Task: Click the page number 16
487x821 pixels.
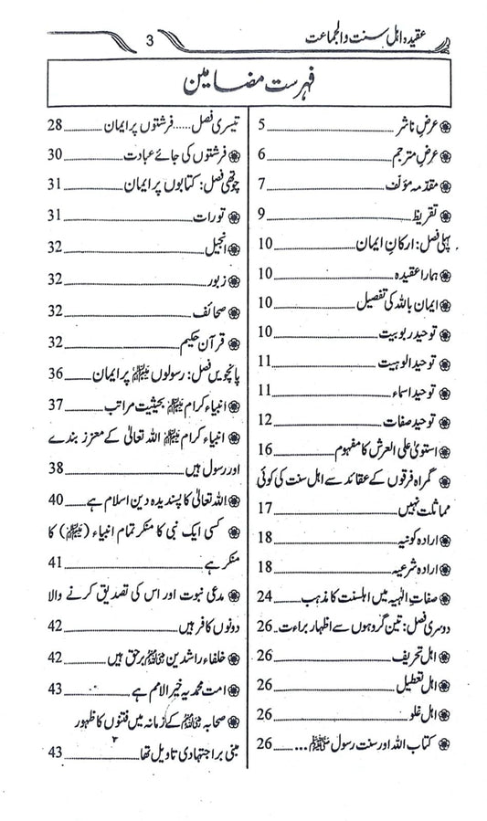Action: (x=266, y=447)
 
